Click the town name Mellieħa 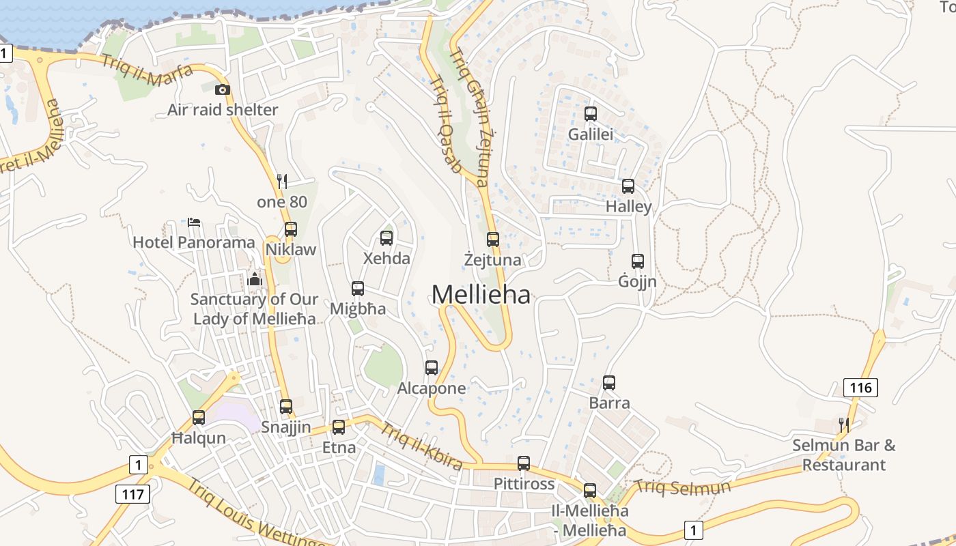click(481, 294)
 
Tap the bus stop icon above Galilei click(591, 114)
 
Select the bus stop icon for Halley click(628, 186)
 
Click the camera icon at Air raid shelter click(222, 89)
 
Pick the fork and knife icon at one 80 click(282, 181)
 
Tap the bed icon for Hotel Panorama click(194, 222)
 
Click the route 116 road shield click(860, 388)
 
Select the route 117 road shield click(132, 493)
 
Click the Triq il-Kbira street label click(421, 446)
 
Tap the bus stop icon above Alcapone click(432, 368)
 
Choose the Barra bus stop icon click(609, 383)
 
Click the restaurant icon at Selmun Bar click(844, 425)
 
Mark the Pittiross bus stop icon click(524, 463)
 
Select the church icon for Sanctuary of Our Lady click(255, 278)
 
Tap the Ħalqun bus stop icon click(199, 417)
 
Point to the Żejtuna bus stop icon click(493, 240)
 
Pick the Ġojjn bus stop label click(637, 281)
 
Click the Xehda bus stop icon click(386, 238)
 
